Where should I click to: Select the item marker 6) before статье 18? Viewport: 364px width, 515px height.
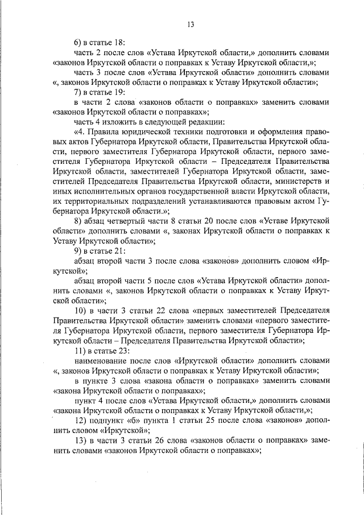coord(78,42)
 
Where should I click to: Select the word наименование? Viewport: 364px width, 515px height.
coord(101,361)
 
